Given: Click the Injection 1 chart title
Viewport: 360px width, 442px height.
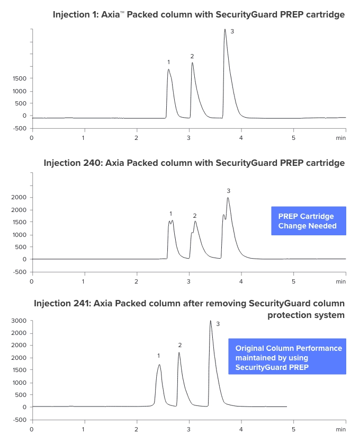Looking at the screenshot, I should click(x=199, y=14).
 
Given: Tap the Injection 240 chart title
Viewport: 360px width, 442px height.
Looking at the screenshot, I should click(x=194, y=163).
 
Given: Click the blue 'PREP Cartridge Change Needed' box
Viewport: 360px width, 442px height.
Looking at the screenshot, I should click(x=308, y=221).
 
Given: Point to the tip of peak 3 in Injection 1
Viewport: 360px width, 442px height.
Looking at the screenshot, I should click(x=225, y=30).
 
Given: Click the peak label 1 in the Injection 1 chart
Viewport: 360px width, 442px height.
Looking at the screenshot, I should click(x=168, y=62).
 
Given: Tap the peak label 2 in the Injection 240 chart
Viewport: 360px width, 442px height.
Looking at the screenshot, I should click(x=195, y=216).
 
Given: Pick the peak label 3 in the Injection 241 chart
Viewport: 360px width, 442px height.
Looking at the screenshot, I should click(x=218, y=323).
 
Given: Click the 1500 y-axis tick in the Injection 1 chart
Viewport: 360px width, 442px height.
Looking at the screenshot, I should click(x=20, y=78).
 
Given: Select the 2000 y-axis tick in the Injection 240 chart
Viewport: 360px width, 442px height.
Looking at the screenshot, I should click(x=20, y=198).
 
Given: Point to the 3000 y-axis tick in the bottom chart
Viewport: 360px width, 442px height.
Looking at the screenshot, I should click(x=20, y=321).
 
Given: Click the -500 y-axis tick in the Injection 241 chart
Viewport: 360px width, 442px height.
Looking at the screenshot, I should click(x=20, y=420).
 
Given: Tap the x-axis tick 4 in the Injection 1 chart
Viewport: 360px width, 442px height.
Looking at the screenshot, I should click(x=241, y=138).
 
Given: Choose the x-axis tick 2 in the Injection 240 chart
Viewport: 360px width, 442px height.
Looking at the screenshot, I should click(x=136, y=281).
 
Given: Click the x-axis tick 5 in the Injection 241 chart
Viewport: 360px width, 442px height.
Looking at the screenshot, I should click(x=293, y=429).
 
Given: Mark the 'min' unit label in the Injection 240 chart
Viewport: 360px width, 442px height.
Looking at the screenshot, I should click(x=341, y=281).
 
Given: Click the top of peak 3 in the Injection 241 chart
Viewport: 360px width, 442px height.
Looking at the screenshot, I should click(x=211, y=321).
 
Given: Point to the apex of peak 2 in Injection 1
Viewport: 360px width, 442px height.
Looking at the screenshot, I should click(x=192, y=63).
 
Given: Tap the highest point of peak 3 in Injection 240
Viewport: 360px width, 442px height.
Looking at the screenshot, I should click(x=228, y=198).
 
